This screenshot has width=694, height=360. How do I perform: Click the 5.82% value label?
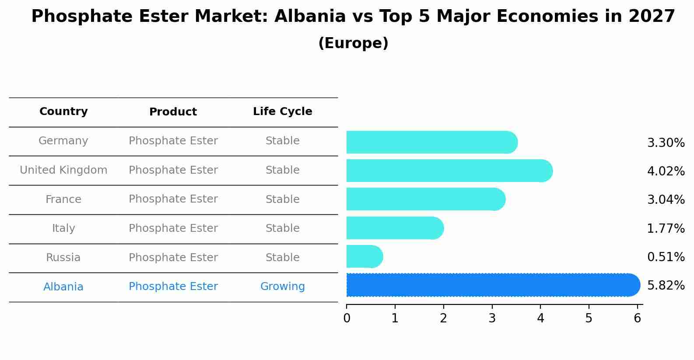coord(666,286)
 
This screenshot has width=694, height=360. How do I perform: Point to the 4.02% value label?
coord(666,171)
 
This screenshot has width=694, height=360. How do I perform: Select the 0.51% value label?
coord(666,257)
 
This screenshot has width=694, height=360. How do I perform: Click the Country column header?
coord(63,112)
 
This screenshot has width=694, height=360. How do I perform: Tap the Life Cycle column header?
coord(282,112)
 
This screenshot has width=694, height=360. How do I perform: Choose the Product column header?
coord(173,112)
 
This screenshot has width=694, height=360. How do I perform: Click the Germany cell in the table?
coord(63,141)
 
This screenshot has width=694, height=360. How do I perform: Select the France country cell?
coord(63,199)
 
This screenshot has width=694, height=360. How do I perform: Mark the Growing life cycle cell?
coord(282,287)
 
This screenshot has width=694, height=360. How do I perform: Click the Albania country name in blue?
coord(63,287)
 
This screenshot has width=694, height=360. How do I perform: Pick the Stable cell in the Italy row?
coord(282,228)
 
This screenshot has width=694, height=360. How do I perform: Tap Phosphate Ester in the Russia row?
coord(173,258)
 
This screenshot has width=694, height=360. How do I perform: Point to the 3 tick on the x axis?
coord(492,318)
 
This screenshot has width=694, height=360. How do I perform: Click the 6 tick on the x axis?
coord(637,318)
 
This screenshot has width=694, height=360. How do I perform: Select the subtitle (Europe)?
coord(353,43)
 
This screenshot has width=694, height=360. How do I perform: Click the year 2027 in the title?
coord(652,17)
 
